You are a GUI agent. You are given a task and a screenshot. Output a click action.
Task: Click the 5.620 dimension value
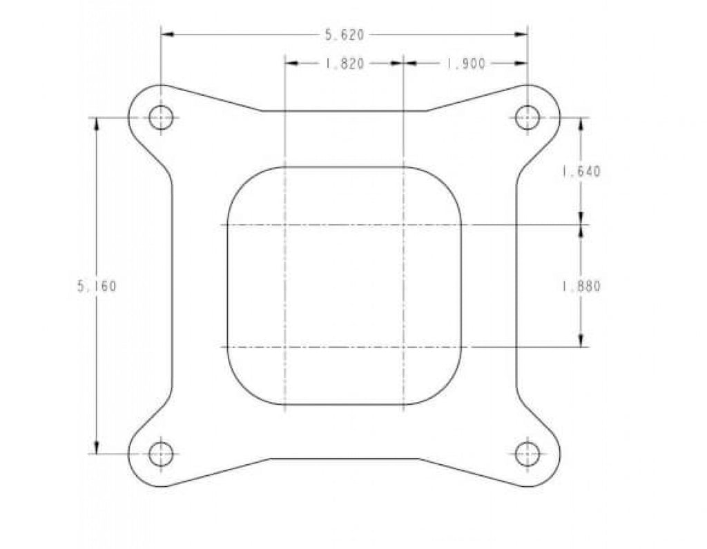tap(344, 34)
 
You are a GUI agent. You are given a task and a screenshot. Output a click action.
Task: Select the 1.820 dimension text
tap(344, 63)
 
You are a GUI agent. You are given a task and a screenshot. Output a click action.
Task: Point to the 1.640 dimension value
tap(581, 172)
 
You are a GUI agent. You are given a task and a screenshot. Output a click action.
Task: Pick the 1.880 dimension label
tap(581, 286)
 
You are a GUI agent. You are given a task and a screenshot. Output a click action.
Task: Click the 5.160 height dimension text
tap(97, 286)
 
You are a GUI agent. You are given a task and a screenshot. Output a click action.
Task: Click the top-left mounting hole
tap(161, 117)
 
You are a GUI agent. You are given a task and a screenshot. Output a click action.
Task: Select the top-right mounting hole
tap(527, 117)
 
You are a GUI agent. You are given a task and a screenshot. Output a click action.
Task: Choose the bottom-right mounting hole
tap(527, 453)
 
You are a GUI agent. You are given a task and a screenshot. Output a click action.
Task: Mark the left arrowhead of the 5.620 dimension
tap(166, 34)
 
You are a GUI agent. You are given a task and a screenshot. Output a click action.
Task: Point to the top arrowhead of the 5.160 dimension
tap(97, 123)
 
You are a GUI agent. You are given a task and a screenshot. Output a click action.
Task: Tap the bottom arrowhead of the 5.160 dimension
tap(97, 448)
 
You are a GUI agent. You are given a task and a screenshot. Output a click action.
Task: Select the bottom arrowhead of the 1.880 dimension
tap(581, 341)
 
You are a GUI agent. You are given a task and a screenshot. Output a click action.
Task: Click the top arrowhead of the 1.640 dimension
tap(581, 123)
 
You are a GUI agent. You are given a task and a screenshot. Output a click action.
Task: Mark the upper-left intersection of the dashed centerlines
tap(284, 225)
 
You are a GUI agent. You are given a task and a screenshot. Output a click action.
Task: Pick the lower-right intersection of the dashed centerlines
tap(403, 347)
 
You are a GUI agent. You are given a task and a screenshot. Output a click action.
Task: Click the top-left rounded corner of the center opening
tap(241, 180)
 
